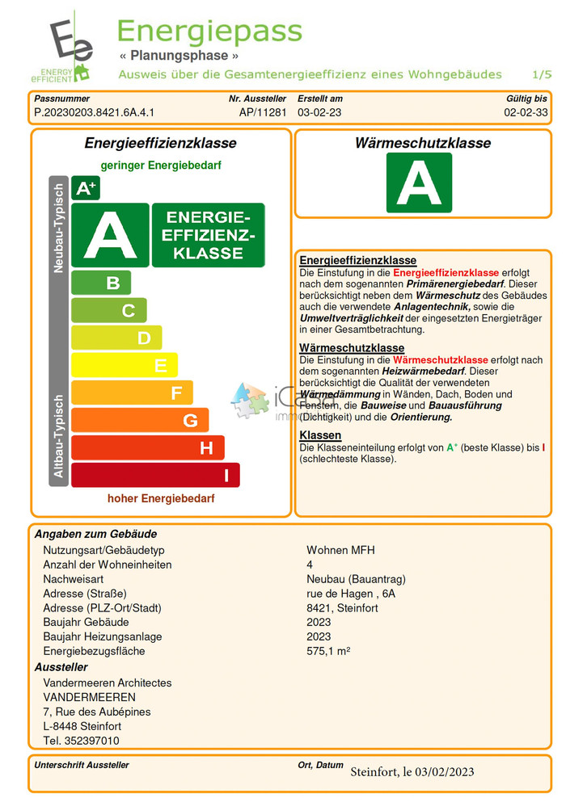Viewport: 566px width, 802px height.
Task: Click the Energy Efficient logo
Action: pyautogui.click(x=69, y=47)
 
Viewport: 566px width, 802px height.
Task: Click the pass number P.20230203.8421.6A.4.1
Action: pyautogui.click(x=95, y=113)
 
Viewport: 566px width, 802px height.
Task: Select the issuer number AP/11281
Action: pyautogui.click(x=263, y=113)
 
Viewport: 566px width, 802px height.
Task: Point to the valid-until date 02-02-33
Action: pyautogui.click(x=526, y=113)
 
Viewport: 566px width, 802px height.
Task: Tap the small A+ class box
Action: pyautogui.click(x=86, y=188)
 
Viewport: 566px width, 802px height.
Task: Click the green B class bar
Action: pyautogui.click(x=101, y=283)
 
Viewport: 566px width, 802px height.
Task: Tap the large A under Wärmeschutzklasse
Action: pyautogui.click(x=419, y=183)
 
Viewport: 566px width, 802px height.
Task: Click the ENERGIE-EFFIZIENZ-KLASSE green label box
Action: pyautogui.click(x=209, y=235)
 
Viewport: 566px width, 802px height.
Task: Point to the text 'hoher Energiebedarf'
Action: pyautogui.click(x=161, y=499)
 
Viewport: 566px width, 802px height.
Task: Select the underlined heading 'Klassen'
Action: pyautogui.click(x=320, y=435)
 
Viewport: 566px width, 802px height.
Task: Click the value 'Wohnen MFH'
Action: pyautogui.click(x=340, y=550)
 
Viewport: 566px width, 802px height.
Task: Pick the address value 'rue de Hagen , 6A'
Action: pyautogui.click(x=351, y=594)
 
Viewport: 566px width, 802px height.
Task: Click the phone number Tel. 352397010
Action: pyautogui.click(x=81, y=741)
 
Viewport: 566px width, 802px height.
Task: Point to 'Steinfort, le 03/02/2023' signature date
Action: pyautogui.click(x=412, y=772)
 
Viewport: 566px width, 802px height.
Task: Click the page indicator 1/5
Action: pyautogui.click(x=542, y=74)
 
